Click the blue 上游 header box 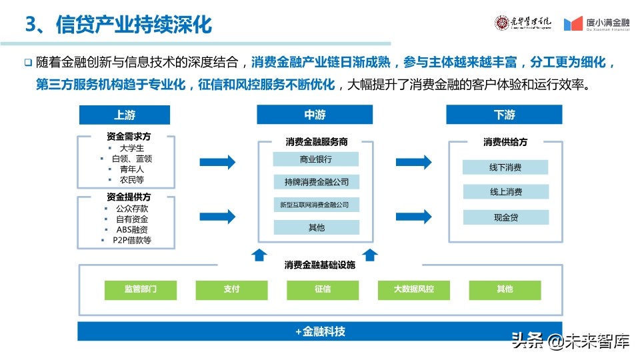(x=125, y=115)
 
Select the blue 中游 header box (x=315, y=115)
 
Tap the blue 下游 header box (x=505, y=115)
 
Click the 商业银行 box (x=316, y=159)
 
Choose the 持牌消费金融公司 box (x=316, y=182)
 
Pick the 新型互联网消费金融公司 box (x=316, y=205)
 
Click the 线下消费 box (x=505, y=168)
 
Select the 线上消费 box (x=505, y=192)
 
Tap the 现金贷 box (x=505, y=217)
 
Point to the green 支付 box (x=231, y=289)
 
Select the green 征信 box (x=323, y=289)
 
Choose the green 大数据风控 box (x=413, y=289)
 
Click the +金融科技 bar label (x=320, y=331)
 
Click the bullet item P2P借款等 (x=131, y=240)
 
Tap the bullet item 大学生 (x=131, y=148)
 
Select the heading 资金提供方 (x=129, y=197)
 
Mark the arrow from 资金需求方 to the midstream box (x=218, y=161)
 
